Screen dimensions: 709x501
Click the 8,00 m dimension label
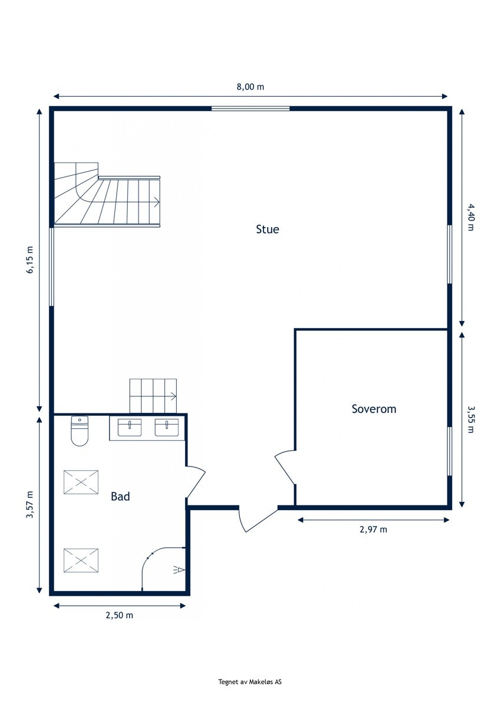tap(250, 87)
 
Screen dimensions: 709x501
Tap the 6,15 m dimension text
tap(30, 260)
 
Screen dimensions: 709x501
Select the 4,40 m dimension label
tap(470, 216)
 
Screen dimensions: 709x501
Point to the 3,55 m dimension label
tap(470, 419)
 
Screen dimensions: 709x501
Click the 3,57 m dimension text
tap(30, 506)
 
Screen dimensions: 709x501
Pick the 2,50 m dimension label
tap(120, 615)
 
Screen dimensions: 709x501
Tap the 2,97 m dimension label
tap(373, 529)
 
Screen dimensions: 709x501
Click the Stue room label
tap(267, 229)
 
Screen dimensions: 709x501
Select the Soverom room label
tap(374, 409)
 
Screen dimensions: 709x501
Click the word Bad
tap(120, 497)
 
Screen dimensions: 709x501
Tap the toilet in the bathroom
tap(80, 431)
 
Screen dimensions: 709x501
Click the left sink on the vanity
tap(130, 427)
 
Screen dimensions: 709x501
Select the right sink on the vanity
tap(167, 427)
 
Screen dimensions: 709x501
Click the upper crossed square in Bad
tap(81, 482)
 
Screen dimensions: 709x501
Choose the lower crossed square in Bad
tap(81, 560)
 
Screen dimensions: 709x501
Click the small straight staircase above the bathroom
tap(153, 396)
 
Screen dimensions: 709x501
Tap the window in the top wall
tap(250, 109)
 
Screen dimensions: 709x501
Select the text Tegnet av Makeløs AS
tap(250, 682)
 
